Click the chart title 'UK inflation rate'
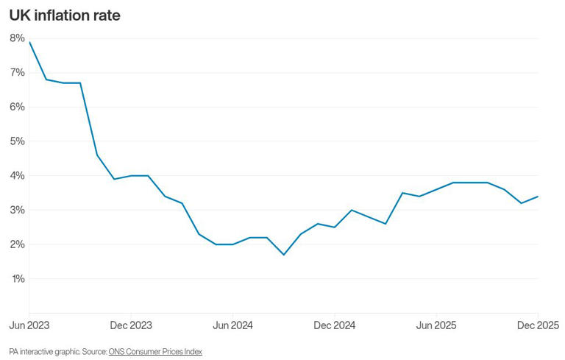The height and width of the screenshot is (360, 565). [65, 15]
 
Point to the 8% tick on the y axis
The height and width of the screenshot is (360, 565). [17, 38]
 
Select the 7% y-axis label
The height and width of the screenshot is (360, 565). [17, 72]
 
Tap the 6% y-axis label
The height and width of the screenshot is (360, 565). [17, 107]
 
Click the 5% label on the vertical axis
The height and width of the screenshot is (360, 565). [17, 141]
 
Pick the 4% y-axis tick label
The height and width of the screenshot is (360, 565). [17, 176]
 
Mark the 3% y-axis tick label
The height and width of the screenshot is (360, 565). [17, 210]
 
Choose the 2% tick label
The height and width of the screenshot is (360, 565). [17, 244]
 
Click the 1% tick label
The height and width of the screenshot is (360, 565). [17, 279]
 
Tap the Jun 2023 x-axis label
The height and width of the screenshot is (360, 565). [30, 325]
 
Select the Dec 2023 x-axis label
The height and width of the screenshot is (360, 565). [131, 325]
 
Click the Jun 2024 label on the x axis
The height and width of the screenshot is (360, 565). [232, 325]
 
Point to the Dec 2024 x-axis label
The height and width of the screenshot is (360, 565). [335, 325]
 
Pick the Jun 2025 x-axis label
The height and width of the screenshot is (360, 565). [436, 325]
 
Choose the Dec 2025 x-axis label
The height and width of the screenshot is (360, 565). [538, 325]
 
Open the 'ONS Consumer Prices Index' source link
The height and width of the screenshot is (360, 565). [155, 352]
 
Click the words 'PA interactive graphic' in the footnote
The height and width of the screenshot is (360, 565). [41, 352]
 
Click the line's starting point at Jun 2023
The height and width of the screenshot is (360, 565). [29, 42]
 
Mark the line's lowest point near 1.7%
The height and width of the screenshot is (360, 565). [284, 255]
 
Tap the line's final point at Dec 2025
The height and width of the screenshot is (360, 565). [539, 197]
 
